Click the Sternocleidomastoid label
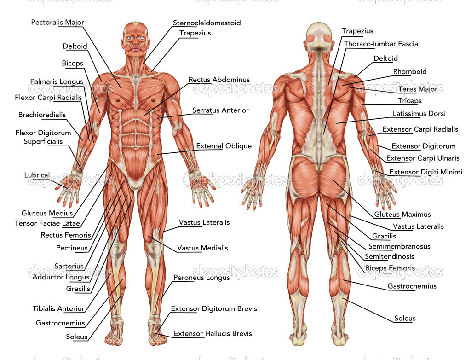click(x=207, y=23)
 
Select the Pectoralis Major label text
click(x=57, y=22)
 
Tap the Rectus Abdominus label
click(x=219, y=80)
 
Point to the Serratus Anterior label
click(x=220, y=110)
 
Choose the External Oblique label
click(x=224, y=146)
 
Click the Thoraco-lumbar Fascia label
click(x=381, y=44)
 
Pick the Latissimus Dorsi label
click(x=419, y=114)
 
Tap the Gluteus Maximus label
click(x=402, y=215)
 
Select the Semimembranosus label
click(x=399, y=246)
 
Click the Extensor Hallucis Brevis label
click(x=213, y=334)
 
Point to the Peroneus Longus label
click(x=201, y=278)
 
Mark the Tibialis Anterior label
click(x=58, y=308)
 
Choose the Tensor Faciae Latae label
click(x=47, y=223)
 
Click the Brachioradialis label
click(x=42, y=115)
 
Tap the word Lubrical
click(x=37, y=175)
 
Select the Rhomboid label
click(x=410, y=71)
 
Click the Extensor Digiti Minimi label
click(x=425, y=172)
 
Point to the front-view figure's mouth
click(x=136, y=48)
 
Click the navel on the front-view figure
click(x=136, y=148)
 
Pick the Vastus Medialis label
click(x=202, y=248)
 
